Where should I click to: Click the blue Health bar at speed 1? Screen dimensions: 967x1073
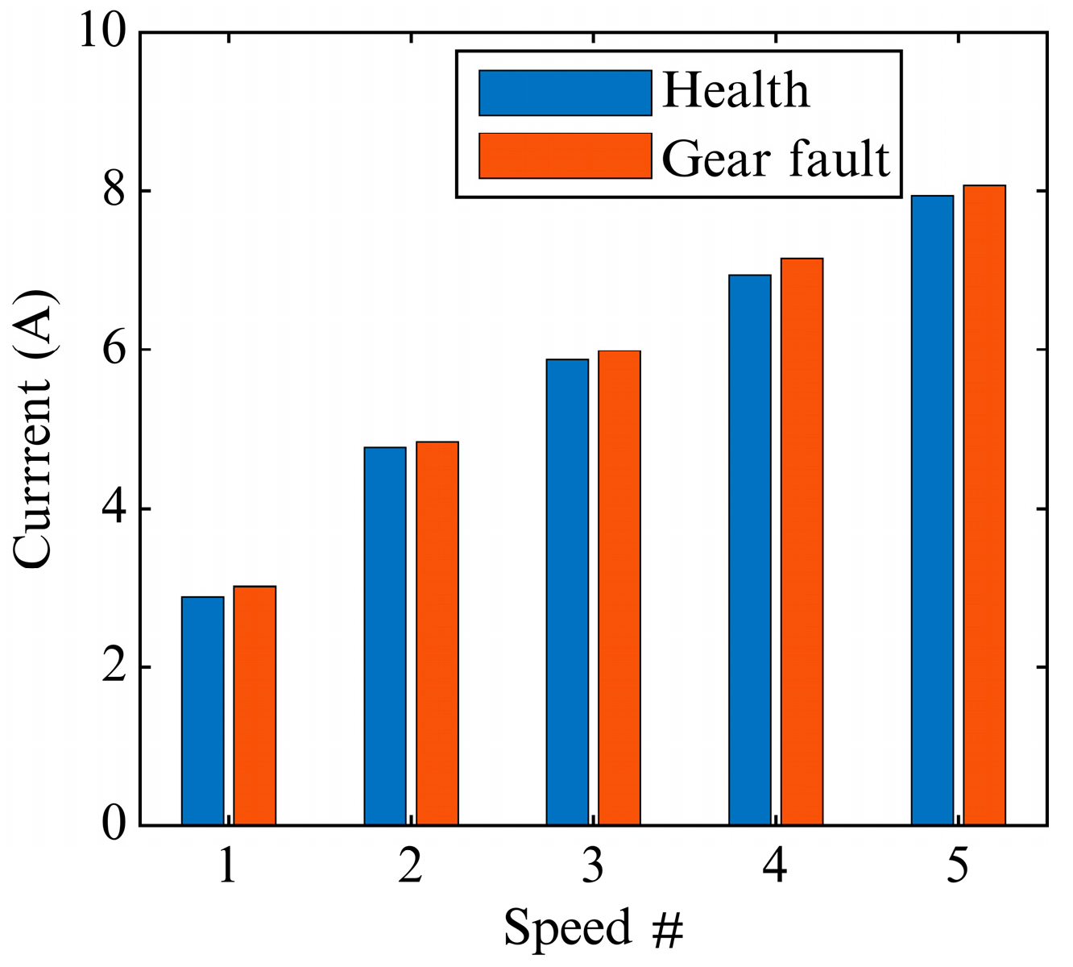tap(203, 711)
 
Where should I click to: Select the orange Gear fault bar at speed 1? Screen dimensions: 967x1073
tap(255, 706)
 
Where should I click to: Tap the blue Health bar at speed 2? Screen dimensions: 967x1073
tap(385, 636)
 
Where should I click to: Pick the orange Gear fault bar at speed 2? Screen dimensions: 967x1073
tap(437, 633)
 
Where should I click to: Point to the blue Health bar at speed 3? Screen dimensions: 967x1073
tap(567, 592)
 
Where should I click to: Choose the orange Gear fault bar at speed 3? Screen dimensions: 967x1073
tap(619, 588)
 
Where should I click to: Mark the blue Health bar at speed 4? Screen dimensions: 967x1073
tap(750, 550)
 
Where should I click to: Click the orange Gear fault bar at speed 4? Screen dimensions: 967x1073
tap(802, 542)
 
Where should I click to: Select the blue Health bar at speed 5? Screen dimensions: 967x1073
tap(932, 510)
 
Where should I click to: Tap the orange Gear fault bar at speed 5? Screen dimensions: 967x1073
tap(984, 505)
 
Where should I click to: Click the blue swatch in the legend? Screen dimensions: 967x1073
tap(565, 93)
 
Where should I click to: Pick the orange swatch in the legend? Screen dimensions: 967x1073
tap(565, 156)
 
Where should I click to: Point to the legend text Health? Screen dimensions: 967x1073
tap(735, 90)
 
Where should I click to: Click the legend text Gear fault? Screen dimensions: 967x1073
tap(777, 158)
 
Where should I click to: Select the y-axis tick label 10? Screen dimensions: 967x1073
tap(103, 32)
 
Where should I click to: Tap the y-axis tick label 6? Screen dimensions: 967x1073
tap(115, 350)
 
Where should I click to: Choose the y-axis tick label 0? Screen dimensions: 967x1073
tap(115, 824)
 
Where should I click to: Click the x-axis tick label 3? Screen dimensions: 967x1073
tap(593, 867)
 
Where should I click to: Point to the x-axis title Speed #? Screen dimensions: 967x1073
tap(594, 928)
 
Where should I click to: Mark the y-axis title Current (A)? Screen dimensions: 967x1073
tap(34, 429)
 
